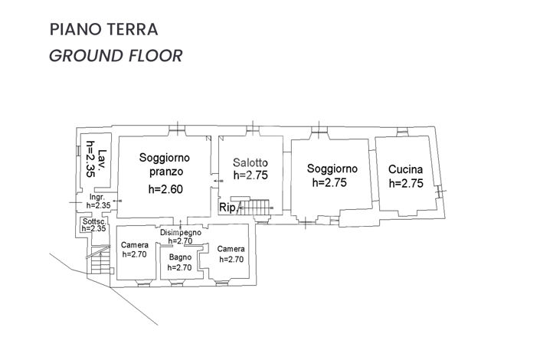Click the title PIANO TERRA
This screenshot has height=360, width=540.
point(103,30)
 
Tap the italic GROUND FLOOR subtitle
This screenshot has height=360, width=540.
point(115,56)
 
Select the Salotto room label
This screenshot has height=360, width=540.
point(250,162)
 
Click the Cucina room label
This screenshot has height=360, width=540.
point(406,169)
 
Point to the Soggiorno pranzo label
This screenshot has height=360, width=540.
point(164,165)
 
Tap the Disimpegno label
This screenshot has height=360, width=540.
point(181,231)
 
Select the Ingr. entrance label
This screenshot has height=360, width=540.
point(97,197)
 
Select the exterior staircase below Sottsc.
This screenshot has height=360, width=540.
point(100,262)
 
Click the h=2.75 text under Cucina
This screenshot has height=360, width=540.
point(406,183)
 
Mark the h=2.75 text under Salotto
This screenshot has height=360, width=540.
point(250,175)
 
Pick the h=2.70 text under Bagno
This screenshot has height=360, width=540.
point(179,267)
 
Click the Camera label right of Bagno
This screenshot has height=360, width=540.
point(231,249)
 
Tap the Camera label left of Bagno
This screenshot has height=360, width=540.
point(134,245)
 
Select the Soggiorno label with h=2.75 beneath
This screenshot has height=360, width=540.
point(332,169)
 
